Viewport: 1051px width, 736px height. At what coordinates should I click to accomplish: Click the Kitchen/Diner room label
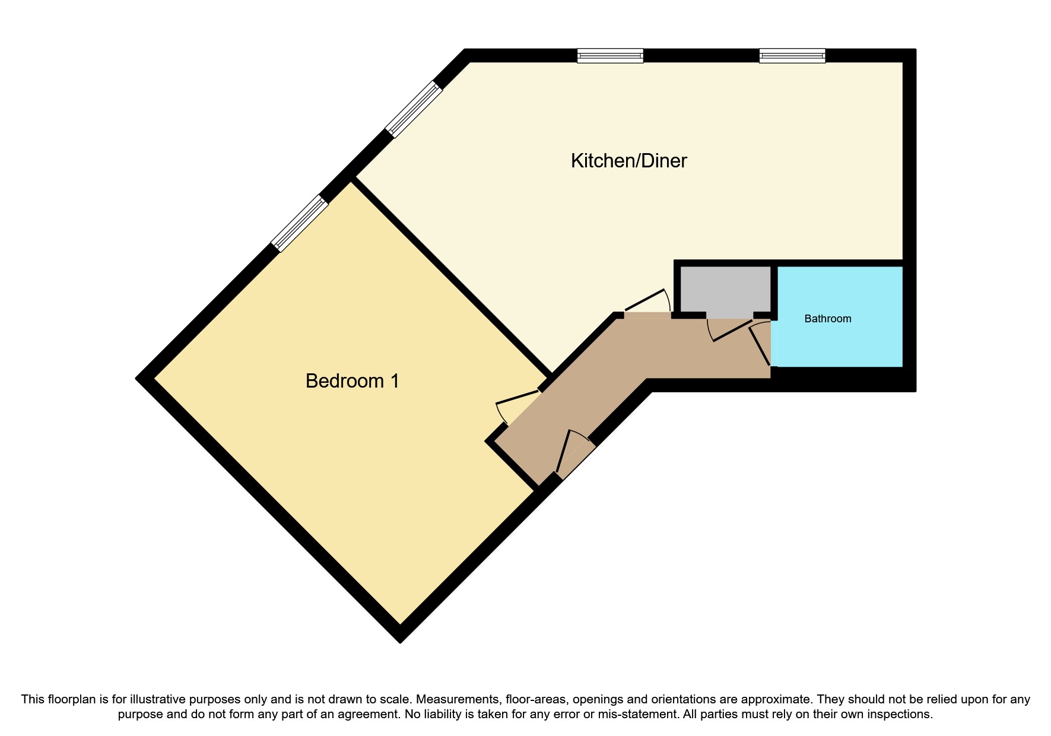click(628, 161)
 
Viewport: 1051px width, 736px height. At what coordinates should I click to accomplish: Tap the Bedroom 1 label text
click(352, 381)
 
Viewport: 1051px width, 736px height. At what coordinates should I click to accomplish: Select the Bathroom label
click(827, 319)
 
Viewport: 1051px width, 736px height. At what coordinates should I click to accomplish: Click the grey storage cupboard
click(725, 288)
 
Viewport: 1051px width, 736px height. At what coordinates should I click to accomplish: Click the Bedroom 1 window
click(300, 224)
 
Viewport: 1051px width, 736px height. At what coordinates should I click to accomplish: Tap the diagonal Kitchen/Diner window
click(414, 109)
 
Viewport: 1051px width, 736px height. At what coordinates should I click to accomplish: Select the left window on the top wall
click(610, 56)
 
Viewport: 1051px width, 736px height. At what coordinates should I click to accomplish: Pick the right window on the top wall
click(792, 56)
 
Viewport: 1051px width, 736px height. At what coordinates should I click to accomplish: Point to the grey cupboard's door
click(729, 330)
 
